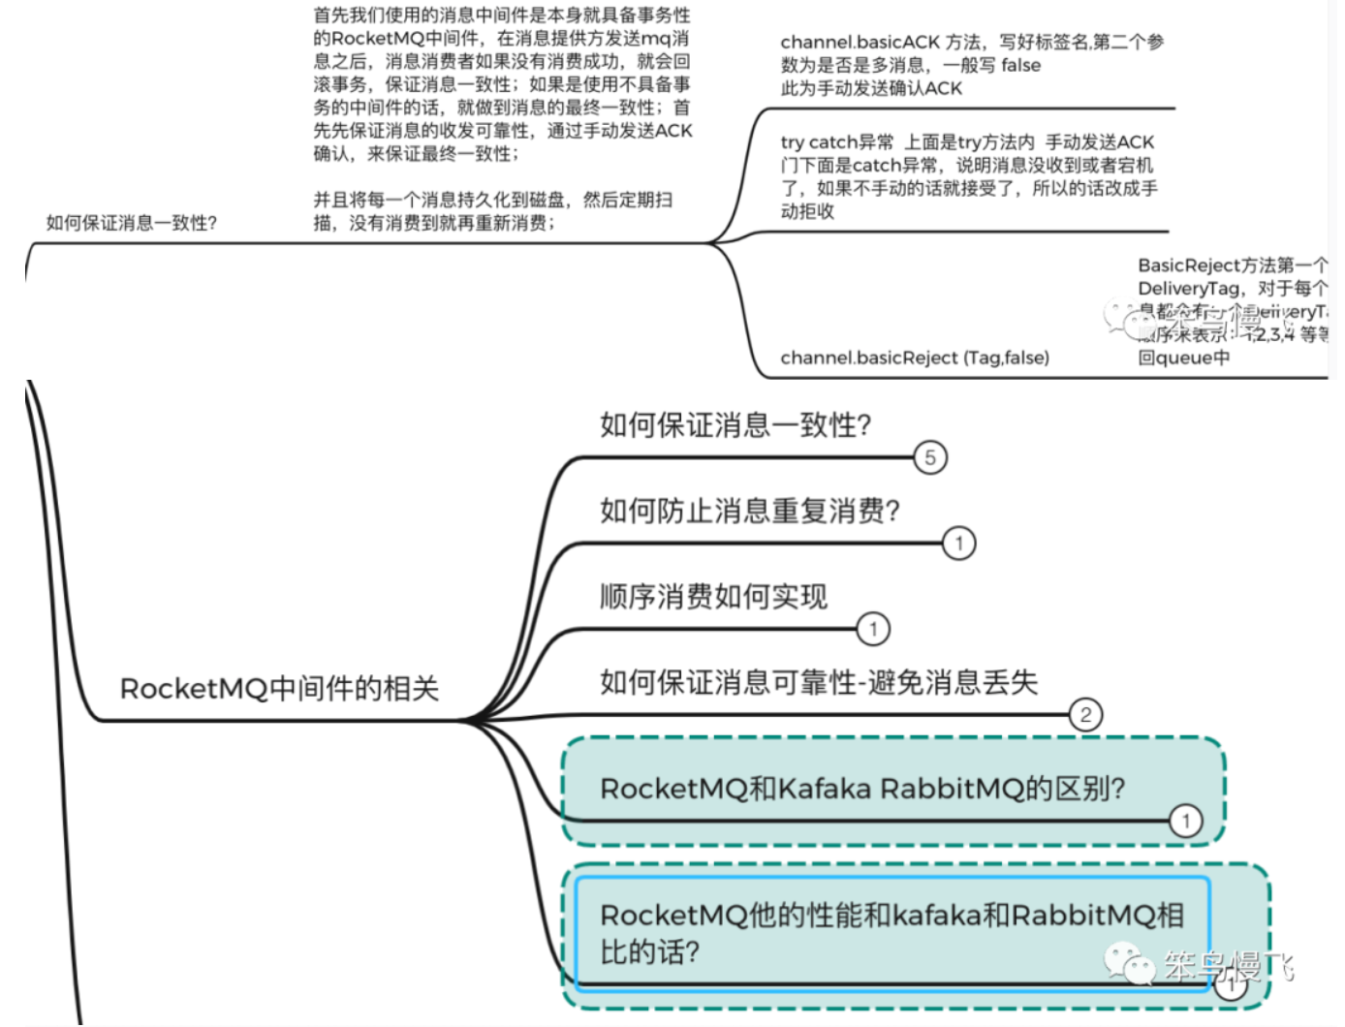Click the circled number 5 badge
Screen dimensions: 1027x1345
[x=930, y=457]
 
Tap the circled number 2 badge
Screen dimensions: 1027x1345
[x=1085, y=715]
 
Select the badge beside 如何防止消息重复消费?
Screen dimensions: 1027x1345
[x=959, y=543]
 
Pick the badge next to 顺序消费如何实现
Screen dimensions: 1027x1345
[x=873, y=629]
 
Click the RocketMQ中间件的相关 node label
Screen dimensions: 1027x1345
[x=279, y=689]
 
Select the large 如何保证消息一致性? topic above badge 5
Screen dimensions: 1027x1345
[x=735, y=424]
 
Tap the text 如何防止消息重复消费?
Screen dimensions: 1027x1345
[x=750, y=510]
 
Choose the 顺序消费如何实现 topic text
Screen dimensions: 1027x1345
[x=713, y=596]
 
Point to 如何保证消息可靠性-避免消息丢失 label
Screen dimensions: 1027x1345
[x=819, y=682]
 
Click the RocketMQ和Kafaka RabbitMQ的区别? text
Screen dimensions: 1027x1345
[x=862, y=789]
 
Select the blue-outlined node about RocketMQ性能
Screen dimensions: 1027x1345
[x=891, y=933]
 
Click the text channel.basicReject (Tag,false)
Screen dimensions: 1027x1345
[x=915, y=358]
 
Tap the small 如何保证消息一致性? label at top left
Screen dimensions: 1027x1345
[x=132, y=223]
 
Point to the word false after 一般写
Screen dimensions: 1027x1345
[x=1020, y=65]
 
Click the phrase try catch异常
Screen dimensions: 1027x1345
[x=837, y=142]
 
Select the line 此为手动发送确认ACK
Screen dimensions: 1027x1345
[x=871, y=88]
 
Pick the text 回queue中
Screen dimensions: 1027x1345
[x=1183, y=358]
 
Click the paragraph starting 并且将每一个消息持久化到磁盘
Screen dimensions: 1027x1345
[x=492, y=211]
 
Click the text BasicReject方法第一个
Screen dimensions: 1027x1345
[x=1232, y=265]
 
